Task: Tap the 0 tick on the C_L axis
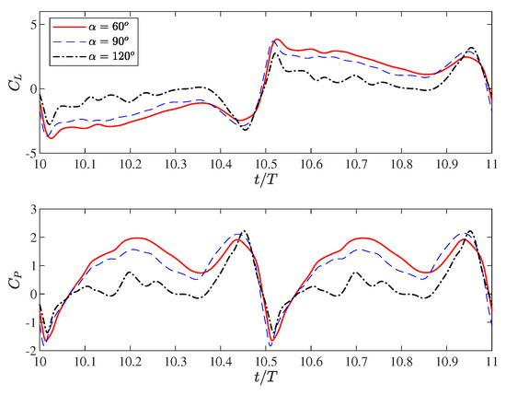pyautogui.click(x=30, y=89)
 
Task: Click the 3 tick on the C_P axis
pyautogui.click(x=30, y=210)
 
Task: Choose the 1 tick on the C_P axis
pyautogui.click(x=30, y=266)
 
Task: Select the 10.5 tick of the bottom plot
pyautogui.click(x=266, y=362)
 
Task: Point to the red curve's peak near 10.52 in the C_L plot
pyautogui.click(x=277, y=40)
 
